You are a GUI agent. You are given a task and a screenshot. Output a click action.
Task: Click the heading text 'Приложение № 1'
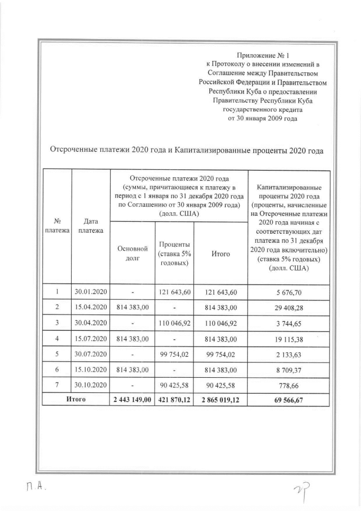coord(262,55)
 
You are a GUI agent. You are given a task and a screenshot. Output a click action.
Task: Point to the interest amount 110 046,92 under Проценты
coord(174,323)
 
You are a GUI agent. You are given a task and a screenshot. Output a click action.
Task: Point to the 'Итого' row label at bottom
coord(75,400)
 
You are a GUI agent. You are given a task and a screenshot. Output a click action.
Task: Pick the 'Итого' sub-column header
coord(221,254)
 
